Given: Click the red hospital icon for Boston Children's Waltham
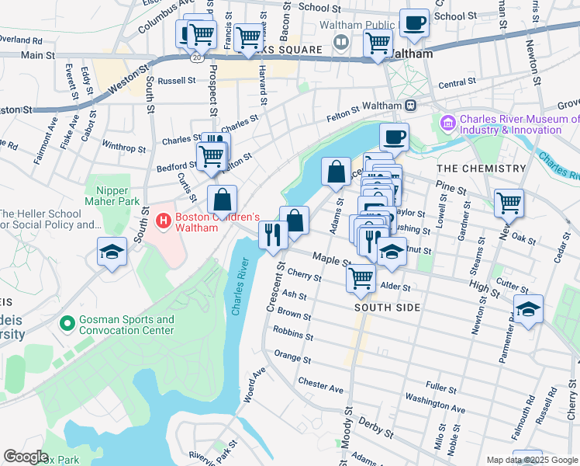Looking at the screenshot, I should point(164,221).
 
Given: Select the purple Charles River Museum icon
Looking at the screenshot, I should point(447,123).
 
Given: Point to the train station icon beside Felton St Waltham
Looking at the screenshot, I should point(410,106).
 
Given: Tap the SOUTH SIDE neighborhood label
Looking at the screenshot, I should point(387,308).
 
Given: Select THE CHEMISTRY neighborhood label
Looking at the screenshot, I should point(481,169).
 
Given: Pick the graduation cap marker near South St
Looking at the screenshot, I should point(112,252).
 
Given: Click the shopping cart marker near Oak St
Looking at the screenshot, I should point(509,203).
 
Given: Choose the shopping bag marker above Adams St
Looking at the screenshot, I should point(337,172).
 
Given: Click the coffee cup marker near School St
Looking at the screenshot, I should point(414,23).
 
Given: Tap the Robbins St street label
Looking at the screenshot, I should point(294,335).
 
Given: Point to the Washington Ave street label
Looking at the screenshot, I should point(435,405).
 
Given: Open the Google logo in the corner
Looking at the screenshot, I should point(26,457).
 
